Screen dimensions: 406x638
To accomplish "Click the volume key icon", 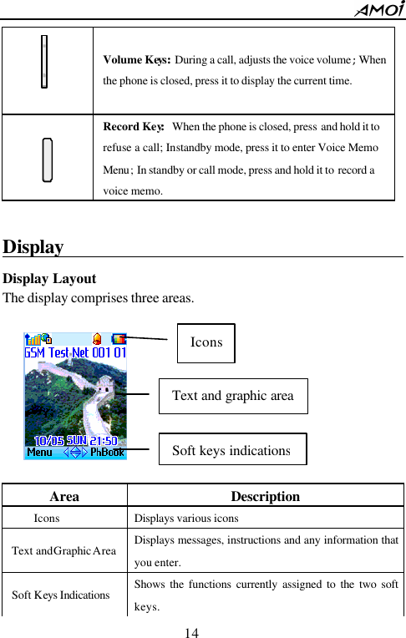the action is (x=43, y=61).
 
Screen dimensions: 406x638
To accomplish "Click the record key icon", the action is (x=48, y=159).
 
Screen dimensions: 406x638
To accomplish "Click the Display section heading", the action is (x=33, y=247).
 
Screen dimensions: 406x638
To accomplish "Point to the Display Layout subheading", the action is (x=49, y=279).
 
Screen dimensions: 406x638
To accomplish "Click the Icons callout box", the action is (x=206, y=342).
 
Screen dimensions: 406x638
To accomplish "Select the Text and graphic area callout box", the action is (x=233, y=396).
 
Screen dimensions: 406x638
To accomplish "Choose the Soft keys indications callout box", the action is (x=232, y=450).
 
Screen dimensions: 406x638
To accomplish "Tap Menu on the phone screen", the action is (x=39, y=453).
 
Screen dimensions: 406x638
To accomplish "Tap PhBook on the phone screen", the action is (x=107, y=453).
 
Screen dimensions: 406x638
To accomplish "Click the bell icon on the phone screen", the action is (x=98, y=339).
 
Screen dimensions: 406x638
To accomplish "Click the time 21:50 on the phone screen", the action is (x=107, y=439).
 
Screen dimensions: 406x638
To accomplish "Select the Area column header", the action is (x=64, y=496).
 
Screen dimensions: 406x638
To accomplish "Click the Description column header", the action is (x=265, y=496).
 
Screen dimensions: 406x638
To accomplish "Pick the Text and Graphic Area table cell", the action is (x=64, y=551).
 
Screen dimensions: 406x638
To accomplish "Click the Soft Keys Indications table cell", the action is (x=61, y=595).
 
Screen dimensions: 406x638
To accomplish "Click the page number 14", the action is (x=192, y=632).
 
